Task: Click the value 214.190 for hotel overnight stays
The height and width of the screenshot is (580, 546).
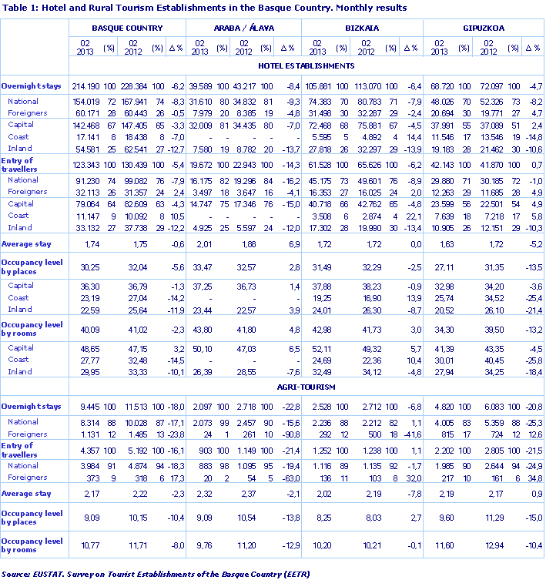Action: click(85, 85)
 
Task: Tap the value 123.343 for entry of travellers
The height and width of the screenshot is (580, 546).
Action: click(85, 164)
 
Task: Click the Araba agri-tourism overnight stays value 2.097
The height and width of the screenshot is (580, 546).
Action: click(201, 406)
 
